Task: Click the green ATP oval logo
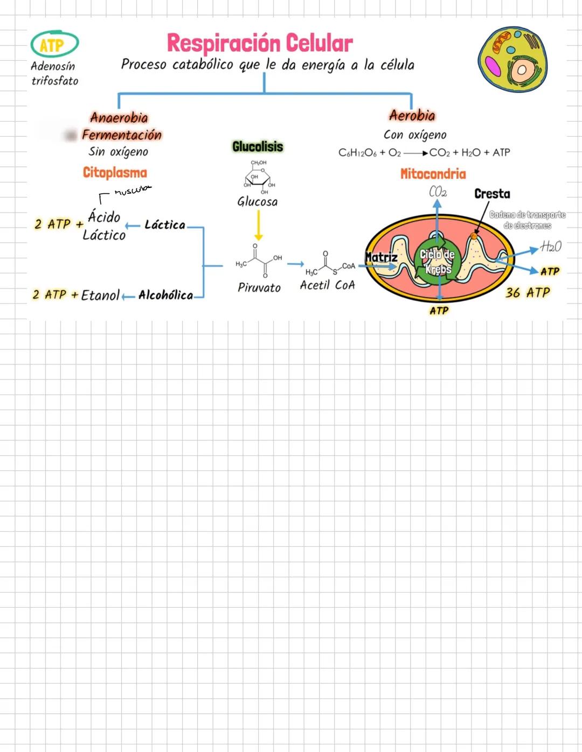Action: click(x=54, y=45)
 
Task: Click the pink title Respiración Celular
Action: click(x=260, y=43)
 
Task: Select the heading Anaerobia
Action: click(x=119, y=117)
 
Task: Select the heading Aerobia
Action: click(x=412, y=115)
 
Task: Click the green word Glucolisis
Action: click(x=258, y=146)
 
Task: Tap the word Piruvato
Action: click(x=259, y=287)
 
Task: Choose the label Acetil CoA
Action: click(x=327, y=285)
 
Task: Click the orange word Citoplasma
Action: click(x=115, y=172)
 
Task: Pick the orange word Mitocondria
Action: click(x=433, y=174)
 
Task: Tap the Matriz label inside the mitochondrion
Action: click(x=382, y=257)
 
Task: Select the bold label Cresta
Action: click(x=492, y=194)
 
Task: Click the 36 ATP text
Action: click(x=528, y=293)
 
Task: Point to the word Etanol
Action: click(x=100, y=295)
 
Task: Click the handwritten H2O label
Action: click(x=551, y=247)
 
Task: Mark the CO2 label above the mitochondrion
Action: click(x=438, y=192)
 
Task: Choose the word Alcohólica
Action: click(x=165, y=295)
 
